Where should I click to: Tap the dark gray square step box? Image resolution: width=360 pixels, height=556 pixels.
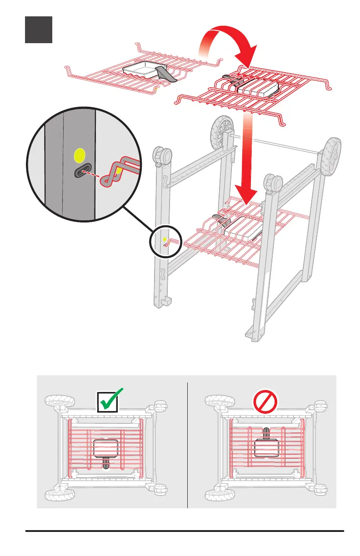pos(39,30)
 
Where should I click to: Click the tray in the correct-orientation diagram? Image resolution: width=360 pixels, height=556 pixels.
pos(105,448)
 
